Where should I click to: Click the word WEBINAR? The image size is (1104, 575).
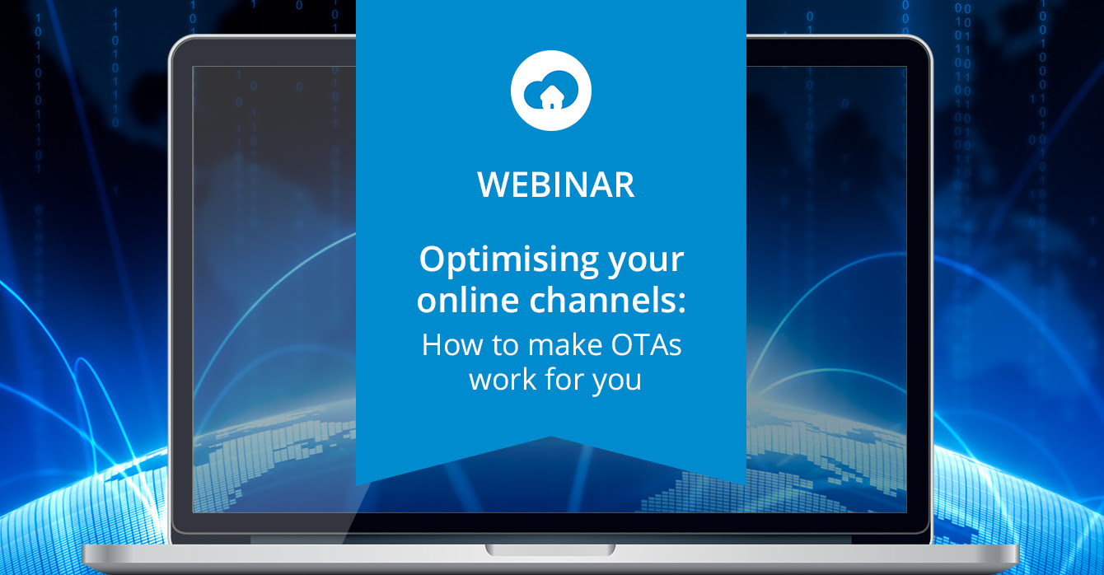(555, 185)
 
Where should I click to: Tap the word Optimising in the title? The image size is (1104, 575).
(508, 260)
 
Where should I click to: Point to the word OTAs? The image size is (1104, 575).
(646, 345)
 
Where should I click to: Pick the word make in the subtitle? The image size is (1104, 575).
(565, 345)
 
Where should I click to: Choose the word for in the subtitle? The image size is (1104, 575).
(564, 379)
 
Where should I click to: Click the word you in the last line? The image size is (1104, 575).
(616, 381)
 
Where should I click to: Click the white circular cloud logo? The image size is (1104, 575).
(551, 91)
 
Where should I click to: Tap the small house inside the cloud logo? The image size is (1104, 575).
(551, 97)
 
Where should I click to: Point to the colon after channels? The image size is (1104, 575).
(681, 302)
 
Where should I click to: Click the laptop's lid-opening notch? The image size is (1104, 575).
(550, 549)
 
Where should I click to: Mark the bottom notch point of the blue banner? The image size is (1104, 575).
(551, 437)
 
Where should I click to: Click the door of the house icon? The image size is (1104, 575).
(551, 105)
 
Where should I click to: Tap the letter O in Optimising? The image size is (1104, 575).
(433, 259)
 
